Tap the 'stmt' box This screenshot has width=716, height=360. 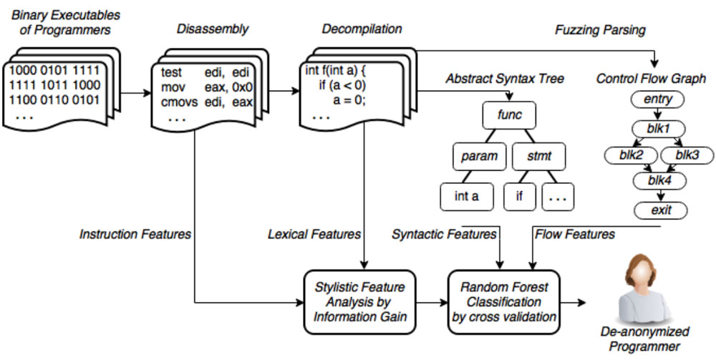pyautogui.click(x=541, y=155)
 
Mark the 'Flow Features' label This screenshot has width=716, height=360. pyautogui.click(x=575, y=234)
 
